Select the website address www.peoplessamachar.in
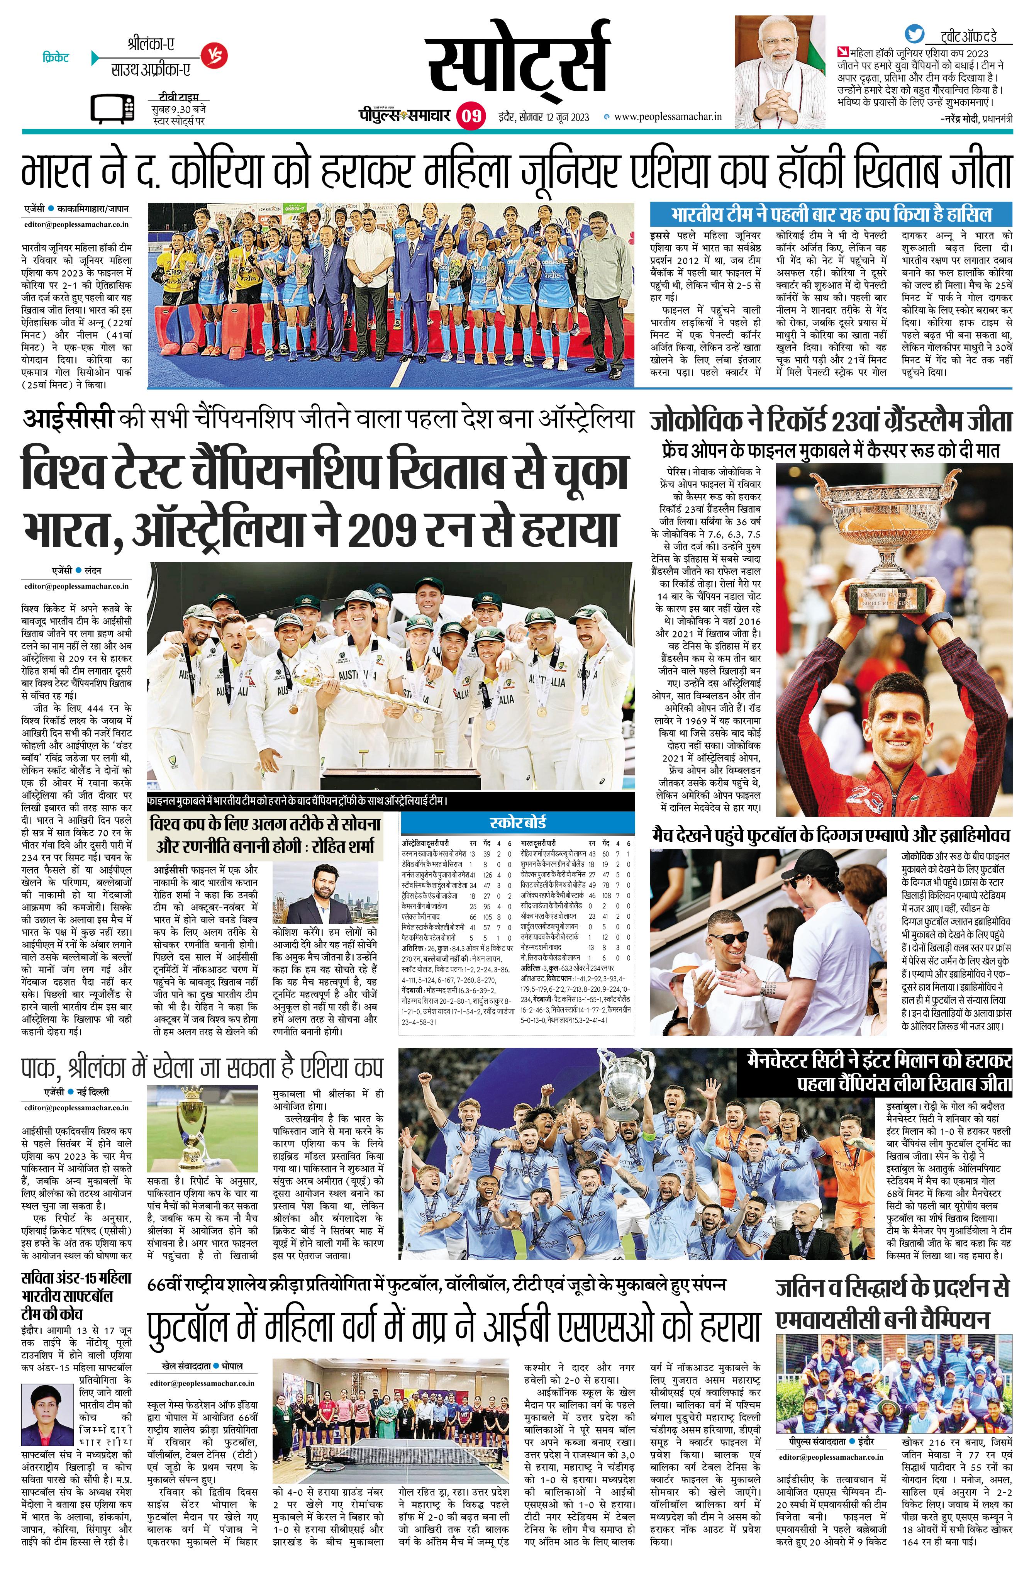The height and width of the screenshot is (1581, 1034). pyautogui.click(x=668, y=117)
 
